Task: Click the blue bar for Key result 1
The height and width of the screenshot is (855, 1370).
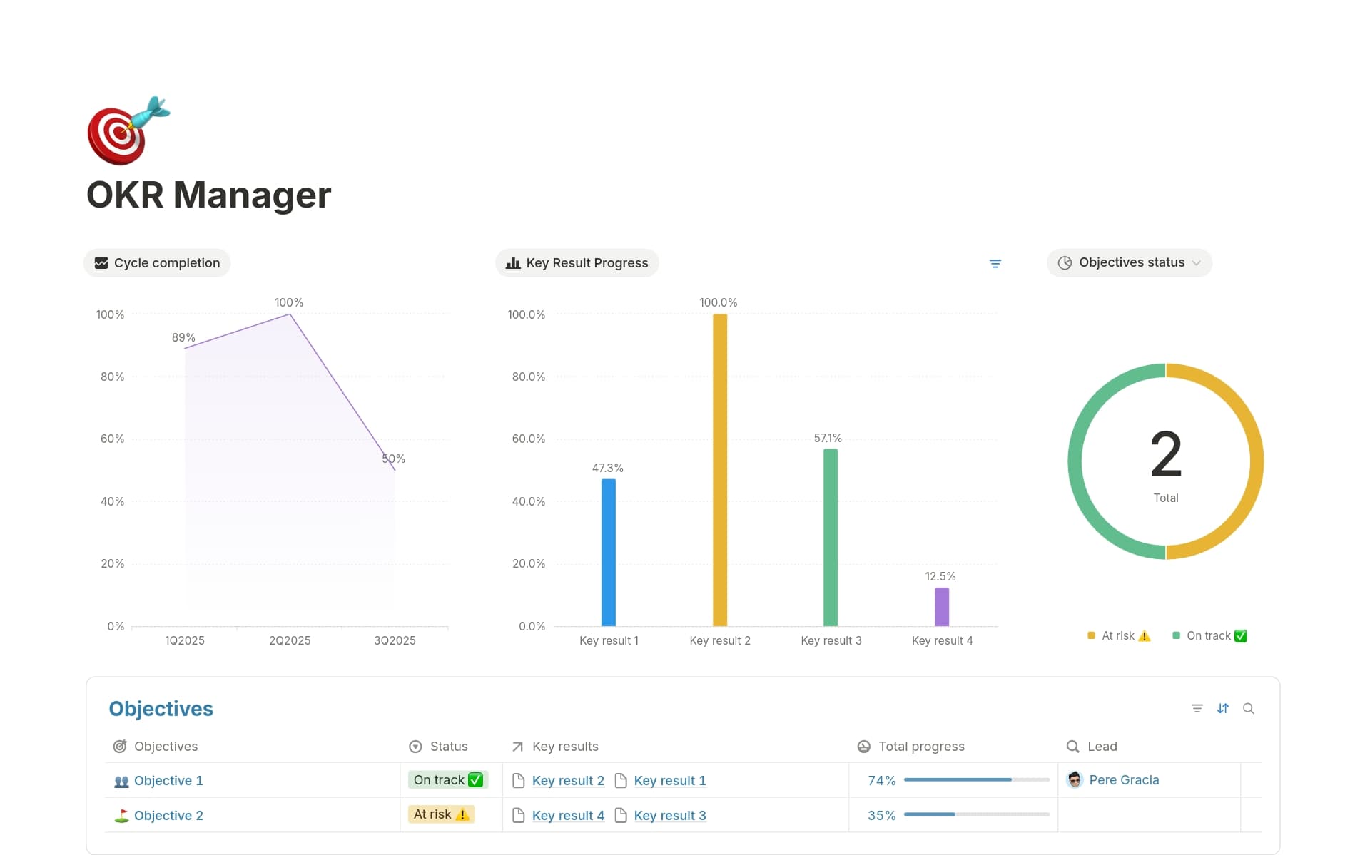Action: pos(608,552)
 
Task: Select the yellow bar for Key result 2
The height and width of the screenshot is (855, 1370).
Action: pos(719,470)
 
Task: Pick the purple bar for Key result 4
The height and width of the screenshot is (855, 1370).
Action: pos(941,607)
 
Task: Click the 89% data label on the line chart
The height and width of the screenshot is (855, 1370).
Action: pos(183,337)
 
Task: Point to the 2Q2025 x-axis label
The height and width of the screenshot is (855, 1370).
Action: pos(290,640)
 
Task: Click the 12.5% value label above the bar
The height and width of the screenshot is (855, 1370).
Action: pos(940,576)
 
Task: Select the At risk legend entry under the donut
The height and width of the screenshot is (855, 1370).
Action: pos(1118,635)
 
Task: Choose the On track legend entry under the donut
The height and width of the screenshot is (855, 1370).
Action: pos(1209,635)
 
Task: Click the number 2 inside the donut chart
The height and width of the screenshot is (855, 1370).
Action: pos(1165,454)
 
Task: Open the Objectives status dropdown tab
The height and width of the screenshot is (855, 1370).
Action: pos(1130,262)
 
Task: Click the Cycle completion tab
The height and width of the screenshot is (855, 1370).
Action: pos(158,262)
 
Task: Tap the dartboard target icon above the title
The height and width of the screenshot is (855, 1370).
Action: pos(128,130)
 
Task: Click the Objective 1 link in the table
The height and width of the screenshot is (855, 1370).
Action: pos(168,780)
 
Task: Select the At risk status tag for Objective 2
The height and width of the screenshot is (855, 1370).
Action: pos(441,814)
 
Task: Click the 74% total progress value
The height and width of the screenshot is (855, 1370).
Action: pos(881,780)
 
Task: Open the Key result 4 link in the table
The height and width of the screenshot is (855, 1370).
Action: pos(568,815)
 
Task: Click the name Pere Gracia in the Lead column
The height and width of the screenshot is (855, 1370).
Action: pos(1124,780)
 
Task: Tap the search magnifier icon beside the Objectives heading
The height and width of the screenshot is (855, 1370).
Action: pos(1248,708)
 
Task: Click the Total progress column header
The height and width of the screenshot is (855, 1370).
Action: pos(920,746)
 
